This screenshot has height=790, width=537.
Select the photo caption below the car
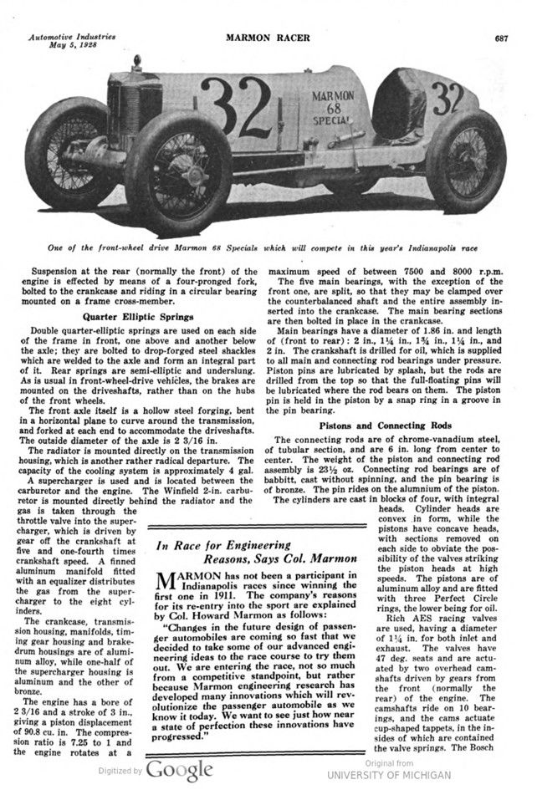click(268, 247)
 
